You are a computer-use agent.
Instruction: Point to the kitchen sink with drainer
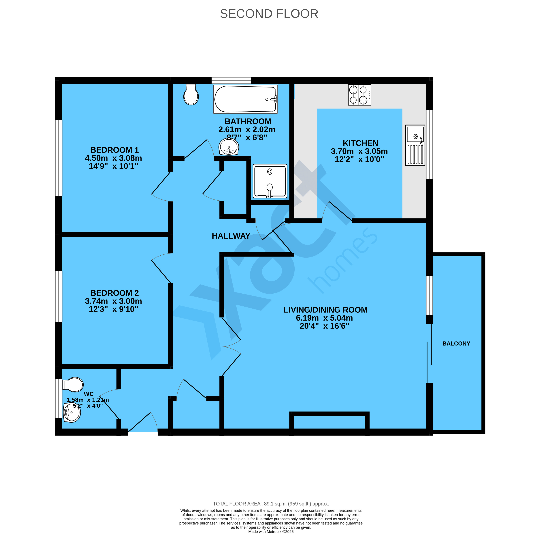click(x=415, y=145)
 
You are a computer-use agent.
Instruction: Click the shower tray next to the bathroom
click(x=270, y=181)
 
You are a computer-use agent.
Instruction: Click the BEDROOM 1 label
click(x=115, y=150)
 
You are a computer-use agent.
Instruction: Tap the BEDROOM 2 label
click(x=115, y=293)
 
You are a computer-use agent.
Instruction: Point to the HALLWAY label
click(x=231, y=236)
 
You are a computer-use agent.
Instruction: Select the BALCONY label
click(x=456, y=344)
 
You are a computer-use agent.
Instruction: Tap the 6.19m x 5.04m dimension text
click(x=324, y=318)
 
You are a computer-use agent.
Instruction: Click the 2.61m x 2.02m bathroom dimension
click(x=247, y=130)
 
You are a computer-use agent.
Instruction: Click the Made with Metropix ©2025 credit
click(x=271, y=532)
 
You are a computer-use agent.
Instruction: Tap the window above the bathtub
click(x=231, y=81)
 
